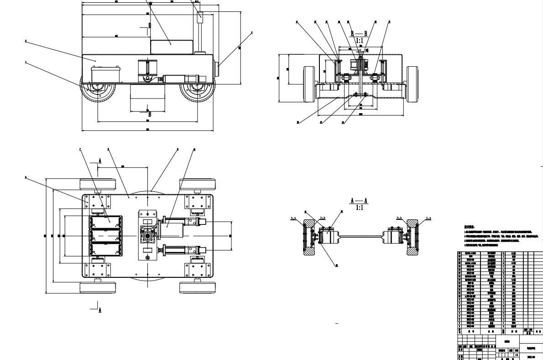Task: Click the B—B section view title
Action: pos(358,33)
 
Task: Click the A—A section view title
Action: pos(359,200)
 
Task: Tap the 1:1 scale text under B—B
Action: pos(359,40)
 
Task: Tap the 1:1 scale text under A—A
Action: pos(359,208)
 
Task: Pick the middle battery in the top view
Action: pos(106,235)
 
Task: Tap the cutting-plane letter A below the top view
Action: pos(100,310)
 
